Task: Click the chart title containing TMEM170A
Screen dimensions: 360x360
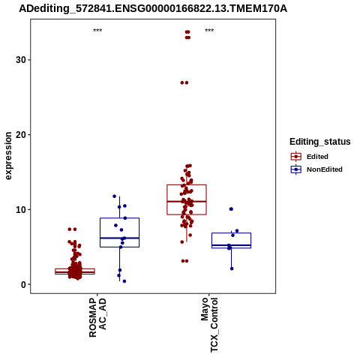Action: tap(153, 9)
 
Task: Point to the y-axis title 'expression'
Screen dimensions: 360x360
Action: tap(8, 156)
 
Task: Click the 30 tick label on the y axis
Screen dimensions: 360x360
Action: tap(21, 60)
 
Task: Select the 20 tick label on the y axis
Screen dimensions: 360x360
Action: tap(21, 134)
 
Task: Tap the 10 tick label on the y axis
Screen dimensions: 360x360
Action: tap(21, 209)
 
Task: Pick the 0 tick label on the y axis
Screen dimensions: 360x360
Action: tap(24, 284)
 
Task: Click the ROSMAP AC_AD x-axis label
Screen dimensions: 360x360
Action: tap(97, 317)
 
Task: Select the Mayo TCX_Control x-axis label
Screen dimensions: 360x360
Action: tap(209, 325)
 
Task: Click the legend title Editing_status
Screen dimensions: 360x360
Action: tap(320, 142)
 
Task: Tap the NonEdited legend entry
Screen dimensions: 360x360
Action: tap(316, 169)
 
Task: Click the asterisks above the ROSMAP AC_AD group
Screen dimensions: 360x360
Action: tap(97, 31)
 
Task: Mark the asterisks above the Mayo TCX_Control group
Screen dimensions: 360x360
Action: tap(209, 31)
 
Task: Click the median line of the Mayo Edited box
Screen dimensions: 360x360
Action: tap(187, 201)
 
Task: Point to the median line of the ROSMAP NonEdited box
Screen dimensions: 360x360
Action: tap(119, 238)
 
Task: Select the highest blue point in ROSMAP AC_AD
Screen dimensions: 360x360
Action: tap(115, 196)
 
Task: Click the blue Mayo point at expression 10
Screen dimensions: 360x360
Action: tap(231, 209)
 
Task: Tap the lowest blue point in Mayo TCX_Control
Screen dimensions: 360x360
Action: tap(232, 268)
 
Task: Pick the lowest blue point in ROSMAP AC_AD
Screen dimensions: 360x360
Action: tap(124, 281)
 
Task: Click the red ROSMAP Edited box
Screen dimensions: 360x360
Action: tap(75, 268)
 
